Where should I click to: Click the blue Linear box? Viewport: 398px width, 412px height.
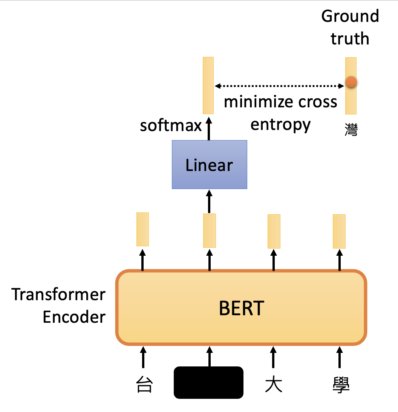coord(209,165)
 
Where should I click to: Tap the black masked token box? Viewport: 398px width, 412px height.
coord(208,382)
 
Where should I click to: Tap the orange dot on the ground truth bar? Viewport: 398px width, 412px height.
coord(351,81)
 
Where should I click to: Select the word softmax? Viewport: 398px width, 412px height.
coord(171,125)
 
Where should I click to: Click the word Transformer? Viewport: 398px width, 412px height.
coord(58,294)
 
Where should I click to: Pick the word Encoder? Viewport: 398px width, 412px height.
coord(74,317)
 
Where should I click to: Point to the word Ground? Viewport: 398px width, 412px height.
coord(350,16)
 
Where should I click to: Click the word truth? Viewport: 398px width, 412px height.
coord(350,39)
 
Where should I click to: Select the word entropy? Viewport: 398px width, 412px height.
coord(280,124)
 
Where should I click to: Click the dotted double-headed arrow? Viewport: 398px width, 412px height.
coord(279,86)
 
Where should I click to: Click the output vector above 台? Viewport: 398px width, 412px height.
coord(142,229)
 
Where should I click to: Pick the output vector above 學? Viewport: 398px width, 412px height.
coord(339,231)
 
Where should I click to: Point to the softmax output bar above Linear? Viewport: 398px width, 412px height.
coord(208,85)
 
